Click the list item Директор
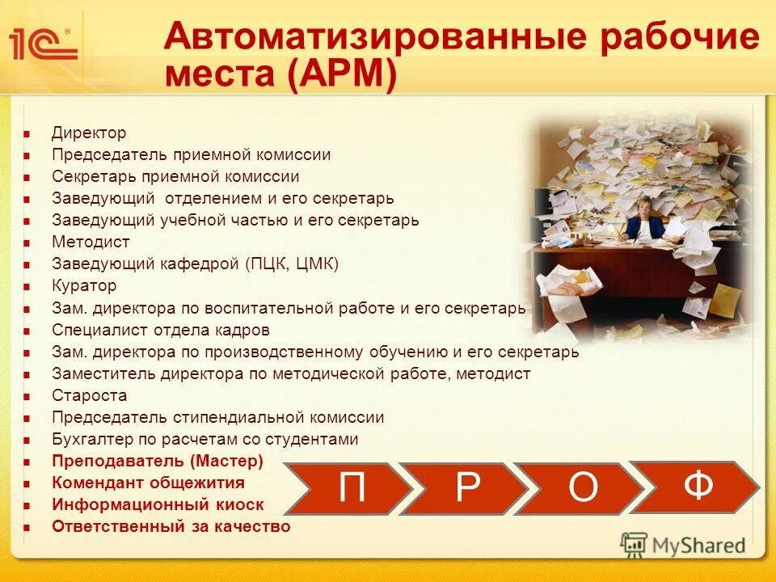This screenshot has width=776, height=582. (89, 133)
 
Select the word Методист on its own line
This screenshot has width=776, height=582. (91, 242)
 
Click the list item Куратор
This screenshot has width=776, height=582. (84, 285)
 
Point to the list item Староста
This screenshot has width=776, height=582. (89, 395)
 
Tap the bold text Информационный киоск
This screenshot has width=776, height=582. (158, 504)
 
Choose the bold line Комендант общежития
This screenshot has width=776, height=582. (148, 483)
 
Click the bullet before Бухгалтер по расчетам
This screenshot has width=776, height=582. (27, 441)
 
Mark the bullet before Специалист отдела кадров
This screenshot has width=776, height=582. (27, 331)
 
